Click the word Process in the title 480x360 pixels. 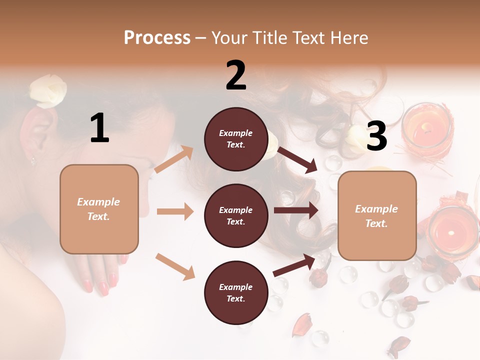[157, 38]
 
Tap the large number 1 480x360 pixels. [99, 128]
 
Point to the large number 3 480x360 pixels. [376, 136]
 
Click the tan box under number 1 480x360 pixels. [99, 209]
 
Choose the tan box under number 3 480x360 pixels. [377, 215]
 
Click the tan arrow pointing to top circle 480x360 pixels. [173, 159]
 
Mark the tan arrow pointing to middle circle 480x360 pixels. [175, 211]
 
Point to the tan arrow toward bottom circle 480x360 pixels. [175, 266]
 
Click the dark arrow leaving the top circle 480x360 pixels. [297, 159]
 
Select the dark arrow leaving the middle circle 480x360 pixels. [295, 210]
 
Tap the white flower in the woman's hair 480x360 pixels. [48, 91]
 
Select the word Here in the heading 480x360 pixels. [348, 38]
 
